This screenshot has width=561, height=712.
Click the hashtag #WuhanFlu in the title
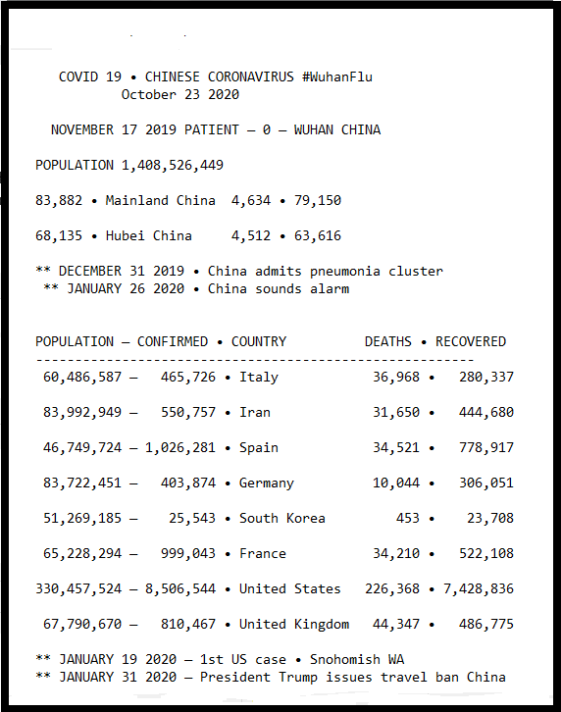tap(330, 76)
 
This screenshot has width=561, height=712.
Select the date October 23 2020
tap(180, 94)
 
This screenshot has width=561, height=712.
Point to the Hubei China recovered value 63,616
tap(314, 235)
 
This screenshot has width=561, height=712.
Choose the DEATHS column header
tap(388, 341)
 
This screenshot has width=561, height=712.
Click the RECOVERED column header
tap(471, 341)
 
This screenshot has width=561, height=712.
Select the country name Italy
tap(259, 377)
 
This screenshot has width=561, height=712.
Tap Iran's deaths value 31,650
tap(396, 412)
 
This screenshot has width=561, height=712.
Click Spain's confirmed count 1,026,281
tap(180, 447)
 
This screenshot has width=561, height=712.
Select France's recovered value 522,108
tap(486, 553)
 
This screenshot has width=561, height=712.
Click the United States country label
tap(290, 588)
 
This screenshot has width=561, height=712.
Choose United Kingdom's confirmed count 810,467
tap(188, 624)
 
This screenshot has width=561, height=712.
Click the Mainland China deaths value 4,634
tap(251, 200)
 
